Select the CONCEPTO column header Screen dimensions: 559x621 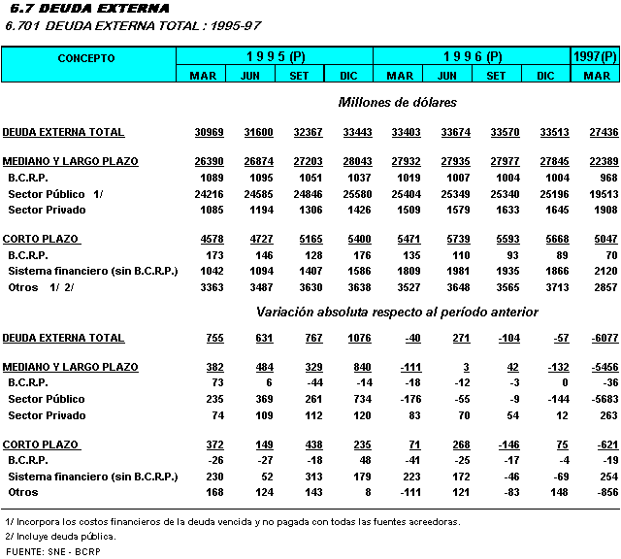click(86, 58)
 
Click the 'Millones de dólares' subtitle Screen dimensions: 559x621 click(398, 102)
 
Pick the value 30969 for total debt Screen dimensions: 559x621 click(209, 132)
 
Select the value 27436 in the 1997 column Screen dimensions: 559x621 click(602, 132)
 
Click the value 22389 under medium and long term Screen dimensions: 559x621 click(602, 162)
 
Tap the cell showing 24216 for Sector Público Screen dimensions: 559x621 click(209, 193)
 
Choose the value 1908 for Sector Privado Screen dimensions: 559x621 click(604, 209)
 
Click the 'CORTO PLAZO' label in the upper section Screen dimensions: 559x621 click(42, 239)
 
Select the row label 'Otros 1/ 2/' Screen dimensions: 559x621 click(41, 287)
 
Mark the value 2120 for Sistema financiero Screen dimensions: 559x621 click(604, 272)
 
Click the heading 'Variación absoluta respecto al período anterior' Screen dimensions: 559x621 click(397, 312)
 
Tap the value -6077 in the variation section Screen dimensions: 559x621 click(602, 338)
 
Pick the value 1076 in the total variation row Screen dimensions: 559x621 click(346, 338)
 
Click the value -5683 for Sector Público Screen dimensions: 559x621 click(602, 399)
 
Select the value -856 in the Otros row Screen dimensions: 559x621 click(605, 492)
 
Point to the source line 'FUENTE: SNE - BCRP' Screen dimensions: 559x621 click(53, 551)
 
